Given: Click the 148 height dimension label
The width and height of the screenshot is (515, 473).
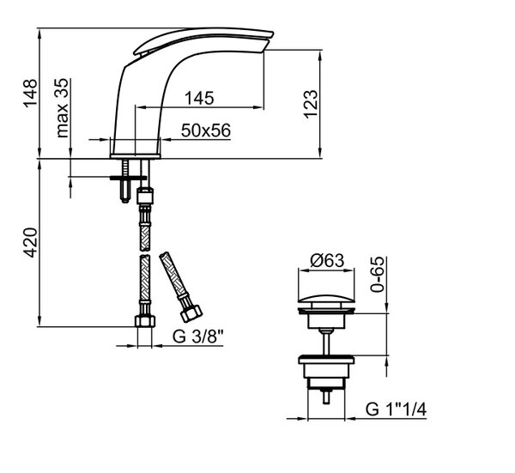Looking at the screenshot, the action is (31, 93).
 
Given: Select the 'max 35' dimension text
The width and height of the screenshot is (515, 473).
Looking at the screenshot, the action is (62, 108).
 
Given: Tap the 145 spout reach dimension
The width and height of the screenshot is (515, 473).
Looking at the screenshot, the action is (199, 98).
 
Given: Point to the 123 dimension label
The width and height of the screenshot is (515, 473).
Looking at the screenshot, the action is (311, 104).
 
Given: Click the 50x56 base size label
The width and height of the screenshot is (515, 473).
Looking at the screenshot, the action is (206, 130).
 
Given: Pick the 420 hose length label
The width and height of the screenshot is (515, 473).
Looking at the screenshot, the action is (31, 242).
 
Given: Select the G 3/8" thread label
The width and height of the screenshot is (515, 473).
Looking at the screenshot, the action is (197, 337).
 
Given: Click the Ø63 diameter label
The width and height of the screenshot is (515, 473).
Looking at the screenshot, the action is (327, 260).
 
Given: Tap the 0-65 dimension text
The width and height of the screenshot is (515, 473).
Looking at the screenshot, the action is (377, 275).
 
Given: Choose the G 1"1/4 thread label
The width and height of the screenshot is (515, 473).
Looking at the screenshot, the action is (396, 409).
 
